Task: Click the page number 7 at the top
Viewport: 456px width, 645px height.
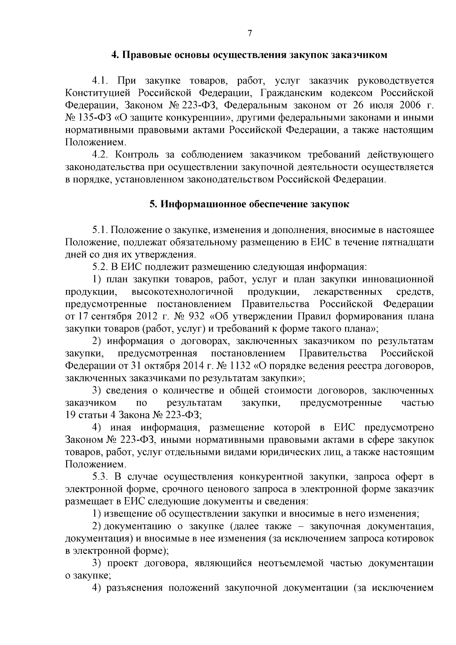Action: tap(250, 33)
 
